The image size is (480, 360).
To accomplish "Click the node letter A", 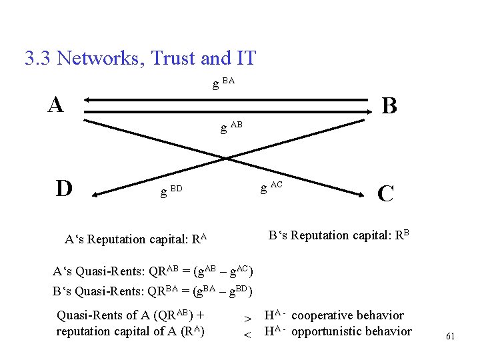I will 56,104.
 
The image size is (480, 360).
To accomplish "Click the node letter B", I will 389,105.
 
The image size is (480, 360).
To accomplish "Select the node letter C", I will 385,193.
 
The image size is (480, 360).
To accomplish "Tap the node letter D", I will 64,189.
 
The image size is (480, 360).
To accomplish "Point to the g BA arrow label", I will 223,83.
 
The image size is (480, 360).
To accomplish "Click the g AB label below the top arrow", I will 231,127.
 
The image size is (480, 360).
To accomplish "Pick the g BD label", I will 171,191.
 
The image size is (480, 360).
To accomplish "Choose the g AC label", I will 271,187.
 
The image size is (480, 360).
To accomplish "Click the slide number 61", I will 450,337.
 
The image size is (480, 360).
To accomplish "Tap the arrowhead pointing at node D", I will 96,195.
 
